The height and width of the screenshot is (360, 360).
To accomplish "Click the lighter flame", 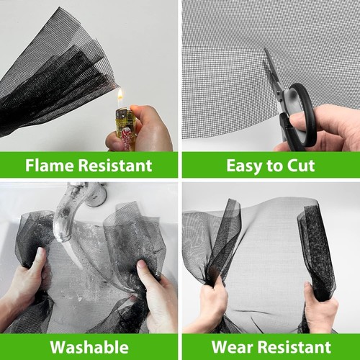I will (120, 96).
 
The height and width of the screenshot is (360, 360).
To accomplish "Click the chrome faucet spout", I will (68, 216).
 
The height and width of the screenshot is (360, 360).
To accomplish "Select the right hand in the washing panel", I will (155, 292).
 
